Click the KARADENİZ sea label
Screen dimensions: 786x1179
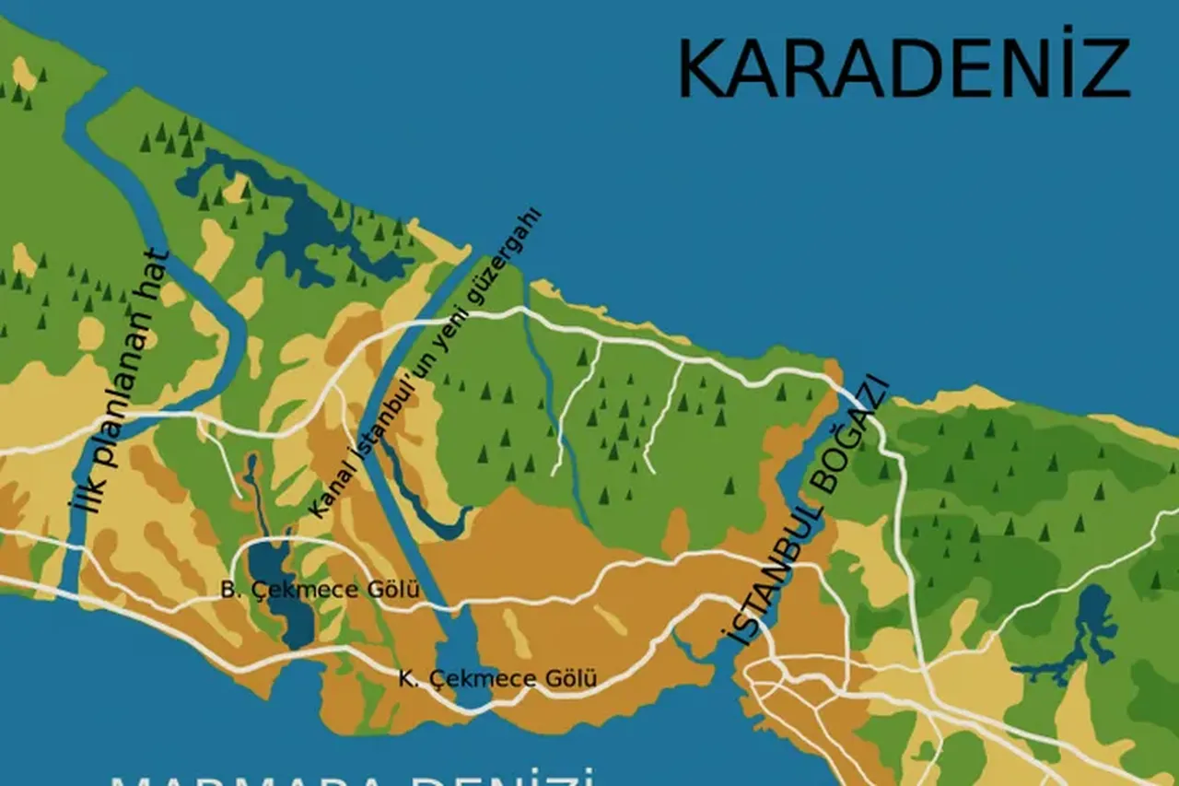tap(903, 70)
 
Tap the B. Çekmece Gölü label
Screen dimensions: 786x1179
tap(321, 589)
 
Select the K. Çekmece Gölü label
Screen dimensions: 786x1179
tap(497, 679)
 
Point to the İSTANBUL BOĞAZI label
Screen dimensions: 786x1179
tap(803, 512)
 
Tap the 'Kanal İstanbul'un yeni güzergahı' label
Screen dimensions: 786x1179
tap(424, 364)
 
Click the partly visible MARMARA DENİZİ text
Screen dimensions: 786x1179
tap(350, 777)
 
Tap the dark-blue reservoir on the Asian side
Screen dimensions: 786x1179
tap(1091, 627)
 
